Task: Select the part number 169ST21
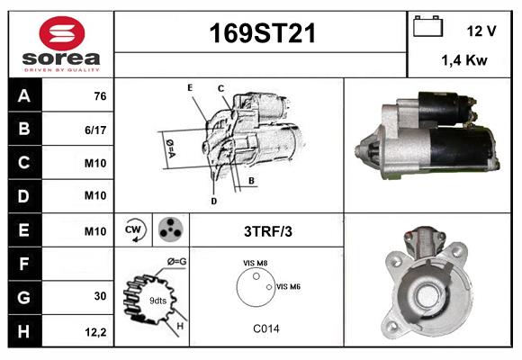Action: pyautogui.click(x=262, y=34)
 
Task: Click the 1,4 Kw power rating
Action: pyautogui.click(x=463, y=60)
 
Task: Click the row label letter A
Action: pyautogui.click(x=24, y=96)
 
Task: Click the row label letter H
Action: pyautogui.click(x=24, y=331)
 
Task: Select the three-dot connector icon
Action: pyautogui.click(x=168, y=229)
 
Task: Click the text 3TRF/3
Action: pyautogui.click(x=268, y=231)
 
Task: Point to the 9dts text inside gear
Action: pyautogui.click(x=158, y=300)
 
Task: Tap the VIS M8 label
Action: pyautogui.click(x=255, y=262)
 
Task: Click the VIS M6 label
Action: pyautogui.click(x=288, y=286)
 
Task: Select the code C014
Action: pyautogui.click(x=265, y=328)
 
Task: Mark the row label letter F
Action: pyautogui.click(x=24, y=264)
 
